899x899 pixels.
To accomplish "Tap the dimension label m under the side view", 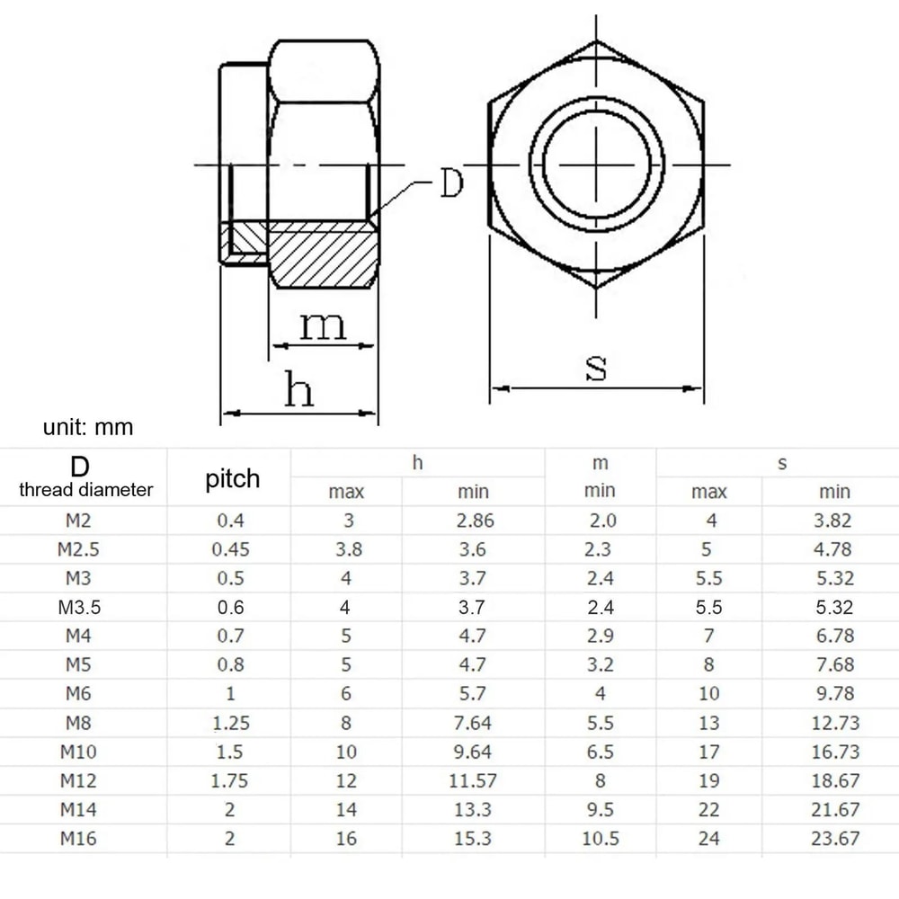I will click(x=322, y=325).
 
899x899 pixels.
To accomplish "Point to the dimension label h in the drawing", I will click(x=298, y=391).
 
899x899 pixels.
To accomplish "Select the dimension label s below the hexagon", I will click(x=595, y=367).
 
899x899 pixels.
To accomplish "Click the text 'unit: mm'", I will click(x=88, y=427).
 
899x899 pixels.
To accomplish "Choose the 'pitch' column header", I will click(x=232, y=479).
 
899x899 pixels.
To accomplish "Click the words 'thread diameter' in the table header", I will click(x=86, y=490).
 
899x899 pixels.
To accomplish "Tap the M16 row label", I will click(x=78, y=839).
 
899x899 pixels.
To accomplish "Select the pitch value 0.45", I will click(x=231, y=549).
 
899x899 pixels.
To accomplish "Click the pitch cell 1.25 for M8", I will click(x=231, y=723).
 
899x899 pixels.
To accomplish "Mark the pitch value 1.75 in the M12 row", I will click(x=231, y=781).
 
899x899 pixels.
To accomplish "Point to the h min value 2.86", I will click(x=473, y=521).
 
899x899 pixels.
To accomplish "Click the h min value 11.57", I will click(x=473, y=781).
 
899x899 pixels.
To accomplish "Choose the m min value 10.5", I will click(x=600, y=839).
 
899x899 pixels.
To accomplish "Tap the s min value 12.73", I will click(x=834, y=723).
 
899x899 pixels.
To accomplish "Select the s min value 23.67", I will click(x=834, y=839).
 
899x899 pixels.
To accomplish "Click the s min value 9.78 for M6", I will click(x=834, y=694).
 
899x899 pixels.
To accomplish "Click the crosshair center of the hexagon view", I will click(x=596, y=166).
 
